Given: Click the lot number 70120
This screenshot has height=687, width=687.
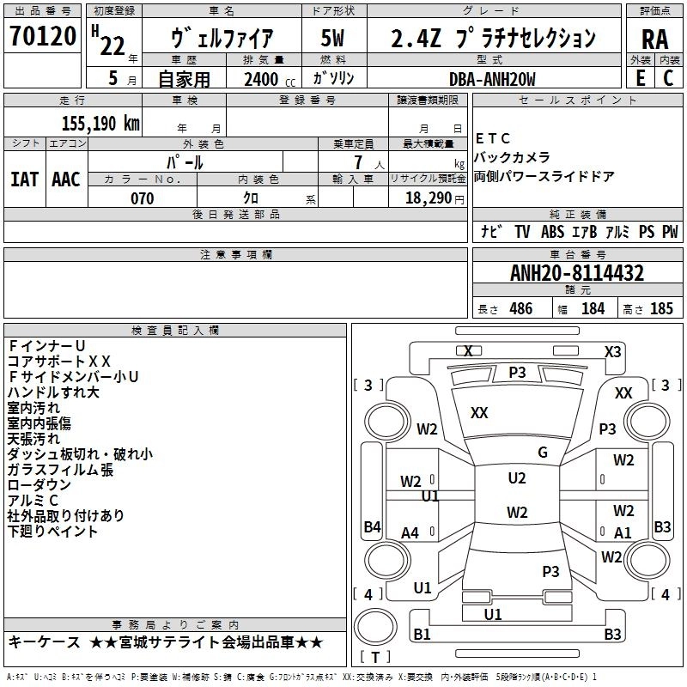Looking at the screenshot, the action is (x=43, y=36).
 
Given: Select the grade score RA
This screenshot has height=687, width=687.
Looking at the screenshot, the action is (x=655, y=40).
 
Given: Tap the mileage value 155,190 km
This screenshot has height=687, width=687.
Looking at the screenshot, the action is (x=100, y=124).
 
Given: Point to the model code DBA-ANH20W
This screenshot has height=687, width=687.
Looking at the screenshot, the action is (x=492, y=79).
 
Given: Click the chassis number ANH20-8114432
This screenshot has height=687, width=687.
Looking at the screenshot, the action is (x=577, y=273).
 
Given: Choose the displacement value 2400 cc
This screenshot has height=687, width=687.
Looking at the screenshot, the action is (x=270, y=79).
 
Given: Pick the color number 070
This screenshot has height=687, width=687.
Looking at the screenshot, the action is (x=143, y=198).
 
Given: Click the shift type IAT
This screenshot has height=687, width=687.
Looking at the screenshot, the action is (x=25, y=179).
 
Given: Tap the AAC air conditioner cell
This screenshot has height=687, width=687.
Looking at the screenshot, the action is (x=66, y=179).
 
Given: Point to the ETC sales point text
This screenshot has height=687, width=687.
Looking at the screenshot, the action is (x=493, y=138).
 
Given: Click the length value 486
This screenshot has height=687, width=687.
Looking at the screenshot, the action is (x=521, y=308).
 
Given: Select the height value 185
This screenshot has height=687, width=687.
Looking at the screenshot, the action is (x=661, y=308).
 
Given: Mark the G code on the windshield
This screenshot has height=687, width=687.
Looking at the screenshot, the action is (x=543, y=453).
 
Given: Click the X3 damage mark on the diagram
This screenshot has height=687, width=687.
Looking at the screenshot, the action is (x=613, y=352).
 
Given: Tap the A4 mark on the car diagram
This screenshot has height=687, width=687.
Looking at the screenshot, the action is (x=410, y=532).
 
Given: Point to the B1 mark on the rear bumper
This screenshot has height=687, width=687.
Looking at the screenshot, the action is (x=422, y=634).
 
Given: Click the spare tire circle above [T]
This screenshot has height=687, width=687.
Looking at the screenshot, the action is (x=375, y=628).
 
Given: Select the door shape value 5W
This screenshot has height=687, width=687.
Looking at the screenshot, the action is (x=333, y=38).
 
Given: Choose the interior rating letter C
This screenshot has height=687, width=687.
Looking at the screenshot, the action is (x=668, y=78).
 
